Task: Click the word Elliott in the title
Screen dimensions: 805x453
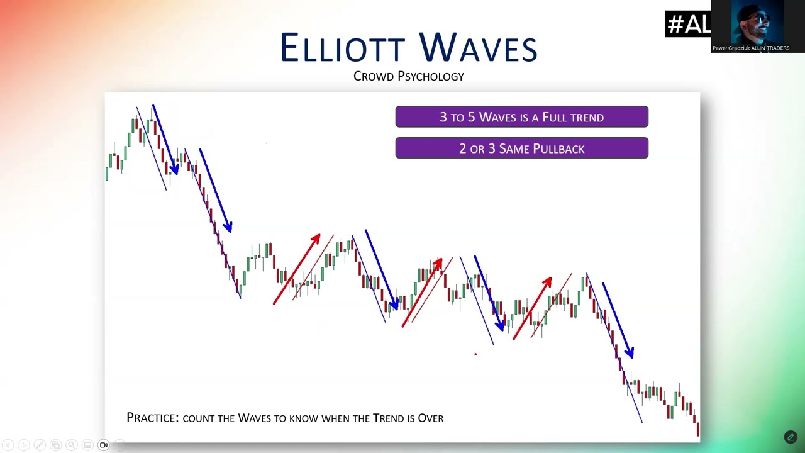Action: pyautogui.click(x=343, y=47)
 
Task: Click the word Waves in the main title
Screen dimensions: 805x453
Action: pyautogui.click(x=478, y=47)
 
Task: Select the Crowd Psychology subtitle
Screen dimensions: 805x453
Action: pyautogui.click(x=409, y=76)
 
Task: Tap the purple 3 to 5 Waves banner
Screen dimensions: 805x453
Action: pyautogui.click(x=522, y=116)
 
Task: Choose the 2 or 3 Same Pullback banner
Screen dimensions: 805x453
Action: pyautogui.click(x=522, y=148)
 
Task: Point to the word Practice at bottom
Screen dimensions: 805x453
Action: pyautogui.click(x=152, y=417)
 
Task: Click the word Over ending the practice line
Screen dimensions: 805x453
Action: pyautogui.click(x=431, y=418)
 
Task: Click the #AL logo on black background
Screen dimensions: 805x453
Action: pyautogui.click(x=688, y=24)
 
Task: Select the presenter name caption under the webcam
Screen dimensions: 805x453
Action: pyautogui.click(x=751, y=48)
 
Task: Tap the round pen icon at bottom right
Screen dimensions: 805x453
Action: pyautogui.click(x=791, y=437)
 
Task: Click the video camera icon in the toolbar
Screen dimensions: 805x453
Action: pyautogui.click(x=104, y=445)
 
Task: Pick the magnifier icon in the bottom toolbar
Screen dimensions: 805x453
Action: pyautogui.click(x=72, y=445)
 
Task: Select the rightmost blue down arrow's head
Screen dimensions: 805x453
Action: pyautogui.click(x=630, y=352)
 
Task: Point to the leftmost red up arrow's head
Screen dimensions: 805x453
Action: pyautogui.click(x=316, y=238)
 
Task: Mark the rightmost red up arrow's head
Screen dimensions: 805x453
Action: pyautogui.click(x=547, y=281)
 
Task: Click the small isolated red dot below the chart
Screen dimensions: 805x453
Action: pyautogui.click(x=475, y=354)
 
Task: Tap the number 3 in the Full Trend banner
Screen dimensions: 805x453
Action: pyautogui.click(x=443, y=117)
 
